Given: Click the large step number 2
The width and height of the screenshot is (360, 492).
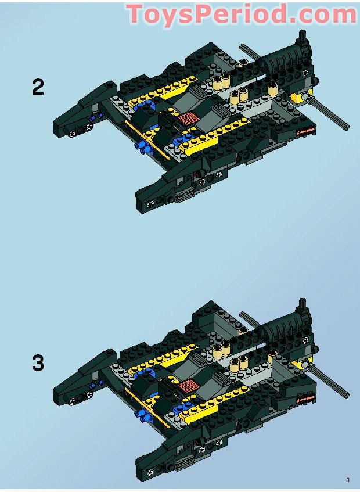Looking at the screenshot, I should pyautogui.click(x=38, y=88).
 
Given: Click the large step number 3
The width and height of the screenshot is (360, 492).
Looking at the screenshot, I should pyautogui.click(x=38, y=364).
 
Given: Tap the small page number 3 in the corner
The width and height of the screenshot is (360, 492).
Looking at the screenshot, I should pyautogui.click(x=347, y=480).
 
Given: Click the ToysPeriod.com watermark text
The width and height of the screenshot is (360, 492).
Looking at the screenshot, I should pyautogui.click(x=241, y=14).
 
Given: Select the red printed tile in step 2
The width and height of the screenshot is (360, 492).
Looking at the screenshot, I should pyautogui.click(x=188, y=119).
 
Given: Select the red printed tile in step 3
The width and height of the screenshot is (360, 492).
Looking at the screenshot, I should pyautogui.click(x=187, y=386).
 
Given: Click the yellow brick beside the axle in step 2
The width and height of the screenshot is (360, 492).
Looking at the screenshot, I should pyautogui.click(x=304, y=96).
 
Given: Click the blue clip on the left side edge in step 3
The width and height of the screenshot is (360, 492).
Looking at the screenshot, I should pyautogui.click(x=141, y=414).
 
